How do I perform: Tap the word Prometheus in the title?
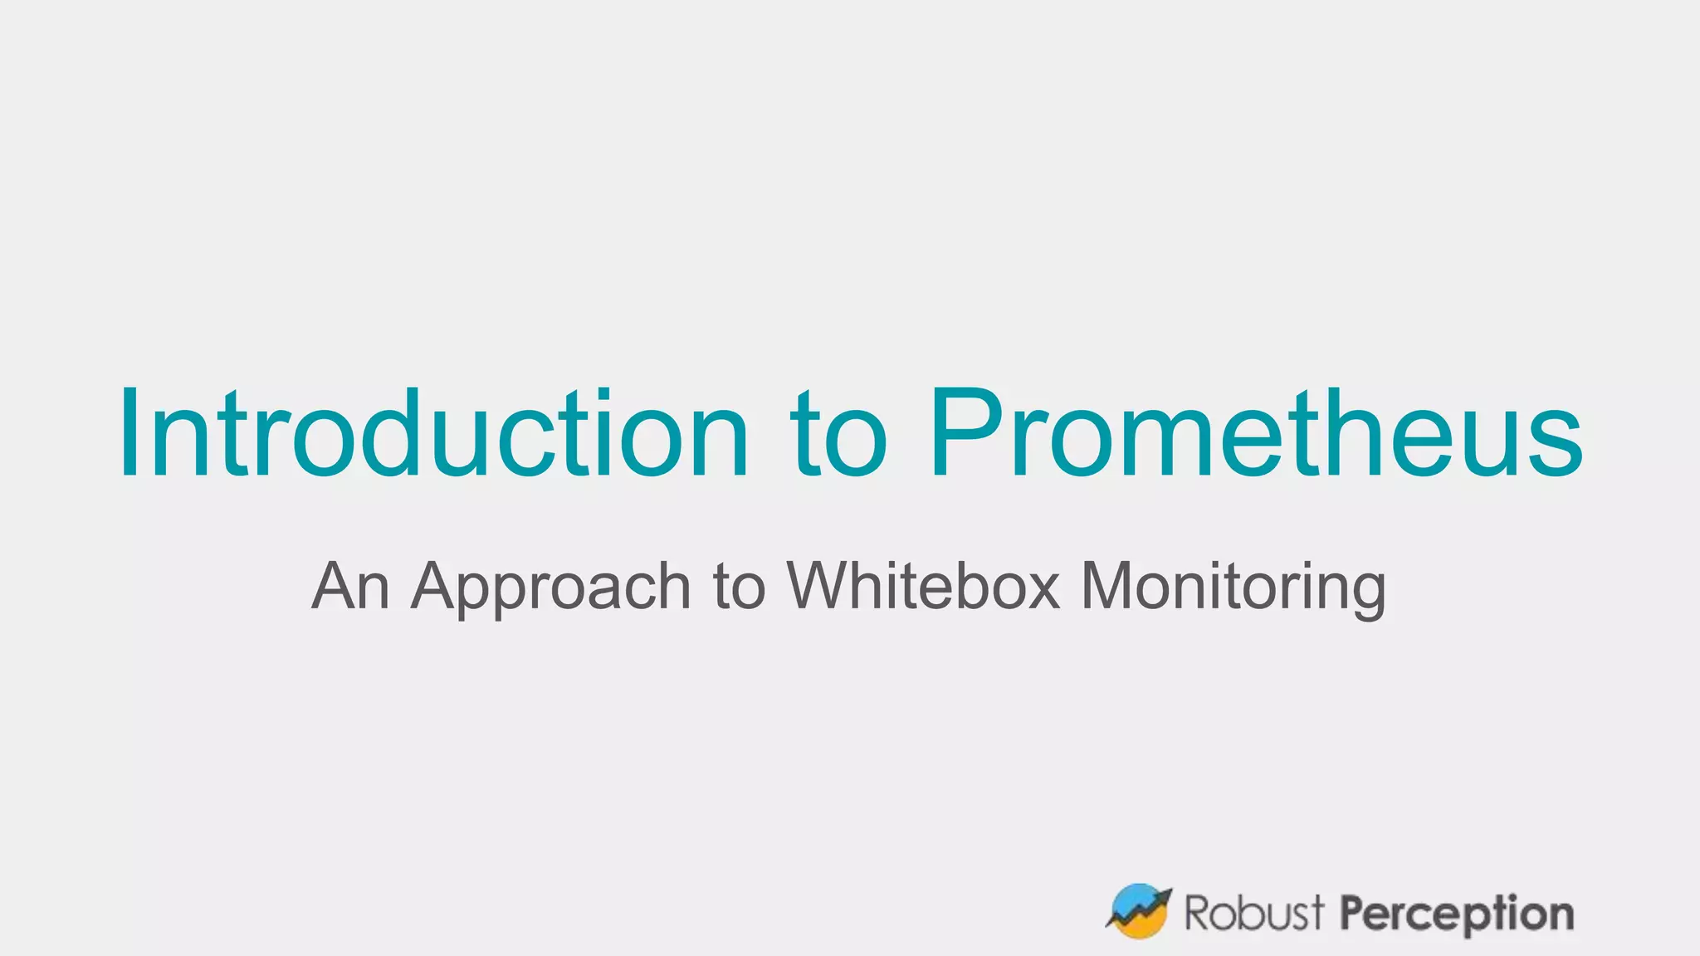1256,434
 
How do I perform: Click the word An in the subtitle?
350,586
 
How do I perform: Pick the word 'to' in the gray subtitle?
739,588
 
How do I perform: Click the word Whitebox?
924,586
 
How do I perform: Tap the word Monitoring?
1233,588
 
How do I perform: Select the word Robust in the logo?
1254,913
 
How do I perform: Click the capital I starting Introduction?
129,434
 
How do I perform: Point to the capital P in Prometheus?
963,434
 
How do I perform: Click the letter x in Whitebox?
1043,591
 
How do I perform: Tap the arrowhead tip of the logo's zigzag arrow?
1166,895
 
